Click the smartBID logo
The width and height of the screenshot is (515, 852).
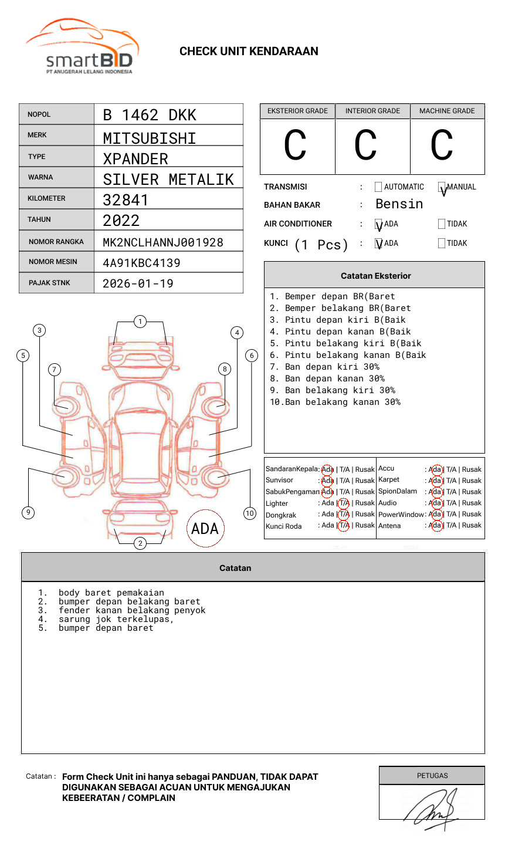[x=82, y=47]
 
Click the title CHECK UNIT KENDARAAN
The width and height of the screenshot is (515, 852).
[x=249, y=52]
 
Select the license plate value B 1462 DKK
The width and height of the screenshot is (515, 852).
[x=150, y=115]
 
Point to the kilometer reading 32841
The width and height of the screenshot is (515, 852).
[x=126, y=200]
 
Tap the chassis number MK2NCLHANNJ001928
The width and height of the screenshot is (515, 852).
[x=163, y=242]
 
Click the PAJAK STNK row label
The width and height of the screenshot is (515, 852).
[x=49, y=283]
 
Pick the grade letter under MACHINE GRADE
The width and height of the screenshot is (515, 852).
[x=442, y=146]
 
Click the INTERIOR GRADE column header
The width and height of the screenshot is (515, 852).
[x=372, y=111]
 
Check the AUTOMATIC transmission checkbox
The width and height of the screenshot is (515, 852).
[x=378, y=187]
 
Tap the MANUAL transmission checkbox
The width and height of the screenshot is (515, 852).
[x=442, y=187]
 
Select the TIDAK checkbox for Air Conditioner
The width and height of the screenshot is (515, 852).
[x=442, y=224]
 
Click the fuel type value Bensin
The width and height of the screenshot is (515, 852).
[x=399, y=204]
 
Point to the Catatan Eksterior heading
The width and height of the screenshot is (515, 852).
[x=375, y=276]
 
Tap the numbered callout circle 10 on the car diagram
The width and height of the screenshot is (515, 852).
[x=250, y=513]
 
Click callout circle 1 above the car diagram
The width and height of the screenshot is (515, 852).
[x=140, y=322]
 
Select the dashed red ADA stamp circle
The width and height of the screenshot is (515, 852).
[x=205, y=528]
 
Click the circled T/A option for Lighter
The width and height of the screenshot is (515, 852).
[x=344, y=503]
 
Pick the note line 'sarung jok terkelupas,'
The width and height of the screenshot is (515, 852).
[x=116, y=619]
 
